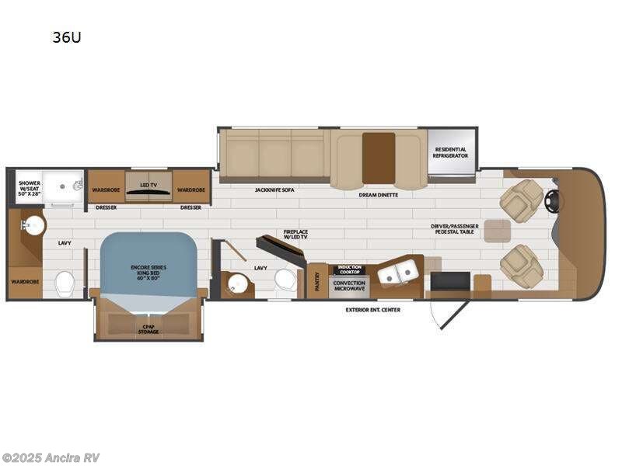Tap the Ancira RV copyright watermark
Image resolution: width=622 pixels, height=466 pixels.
point(51,457)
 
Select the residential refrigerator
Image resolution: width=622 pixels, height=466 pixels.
point(451,153)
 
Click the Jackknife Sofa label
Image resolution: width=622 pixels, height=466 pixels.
point(273,190)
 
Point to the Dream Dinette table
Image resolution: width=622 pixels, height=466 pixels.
point(379,158)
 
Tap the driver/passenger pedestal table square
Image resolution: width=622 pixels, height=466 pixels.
point(498,231)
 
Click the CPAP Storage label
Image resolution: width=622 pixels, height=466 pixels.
point(149,329)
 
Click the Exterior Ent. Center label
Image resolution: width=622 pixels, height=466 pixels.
point(374,310)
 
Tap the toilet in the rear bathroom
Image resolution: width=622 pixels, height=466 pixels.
point(65,280)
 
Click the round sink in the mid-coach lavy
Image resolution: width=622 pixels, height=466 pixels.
point(238,284)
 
